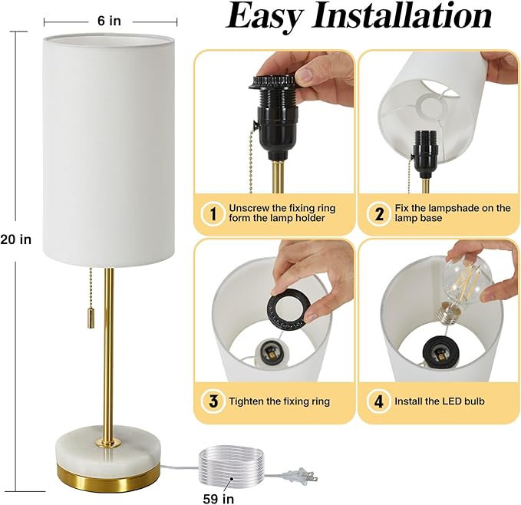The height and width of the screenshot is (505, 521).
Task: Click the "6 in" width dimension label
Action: (x=110, y=21)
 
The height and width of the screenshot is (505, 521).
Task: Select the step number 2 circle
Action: (x=378, y=213)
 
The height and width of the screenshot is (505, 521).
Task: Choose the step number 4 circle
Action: (x=378, y=401)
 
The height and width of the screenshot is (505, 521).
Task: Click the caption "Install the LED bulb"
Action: (x=440, y=401)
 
